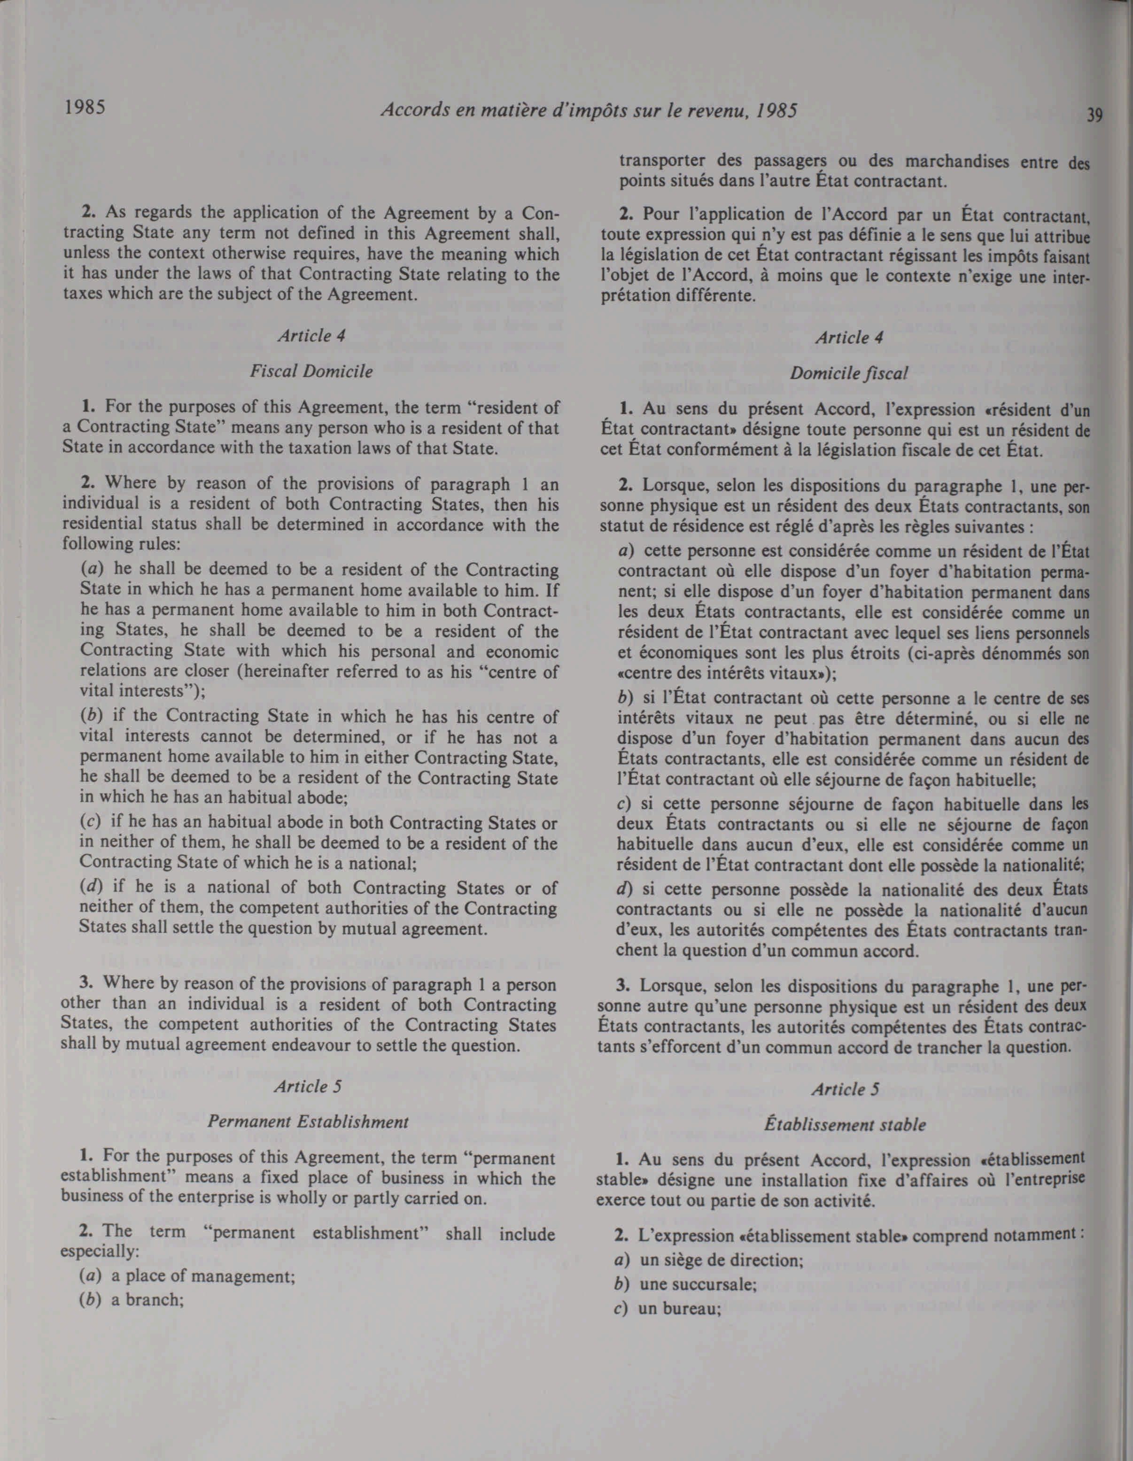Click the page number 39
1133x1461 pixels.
point(1094,116)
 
